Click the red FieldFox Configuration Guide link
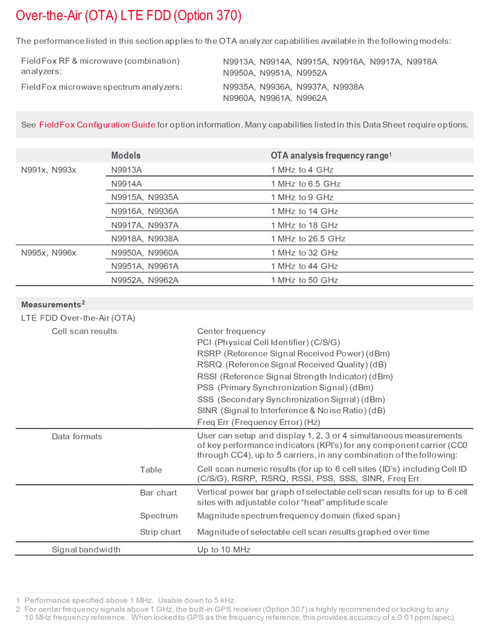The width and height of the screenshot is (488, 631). [97, 125]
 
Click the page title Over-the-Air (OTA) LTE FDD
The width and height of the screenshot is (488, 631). [128, 15]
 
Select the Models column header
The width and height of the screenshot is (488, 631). [126, 156]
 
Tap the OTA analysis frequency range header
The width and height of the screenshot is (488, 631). [332, 156]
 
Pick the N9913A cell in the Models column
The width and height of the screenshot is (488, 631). [127, 170]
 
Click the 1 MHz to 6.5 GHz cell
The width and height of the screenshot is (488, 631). [306, 184]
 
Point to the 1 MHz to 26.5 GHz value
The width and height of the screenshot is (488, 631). [308, 239]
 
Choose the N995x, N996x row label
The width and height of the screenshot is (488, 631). [49, 252]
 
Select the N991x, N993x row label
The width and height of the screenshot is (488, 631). [49, 170]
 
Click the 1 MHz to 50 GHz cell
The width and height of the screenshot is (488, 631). [305, 280]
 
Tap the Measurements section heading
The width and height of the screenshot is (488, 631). [52, 304]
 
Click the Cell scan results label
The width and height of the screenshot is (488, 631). [84, 332]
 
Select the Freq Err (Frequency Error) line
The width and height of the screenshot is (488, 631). [258, 422]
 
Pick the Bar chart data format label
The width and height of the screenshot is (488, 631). [158, 493]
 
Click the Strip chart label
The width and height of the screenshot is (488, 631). [160, 532]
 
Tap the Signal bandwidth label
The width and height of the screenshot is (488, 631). [86, 549]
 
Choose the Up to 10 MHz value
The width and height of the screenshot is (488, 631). [224, 549]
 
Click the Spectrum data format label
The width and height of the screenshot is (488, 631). [159, 515]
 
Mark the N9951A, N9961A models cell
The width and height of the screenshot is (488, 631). [145, 266]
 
